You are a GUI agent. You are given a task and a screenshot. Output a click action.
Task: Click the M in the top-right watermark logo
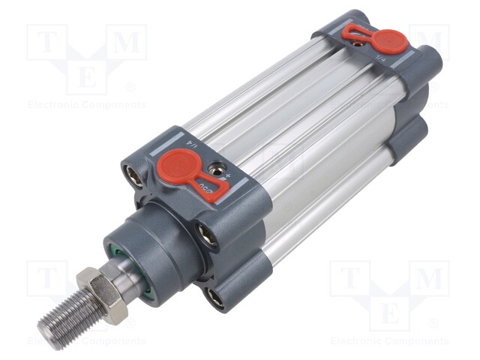[x=430, y=43]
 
